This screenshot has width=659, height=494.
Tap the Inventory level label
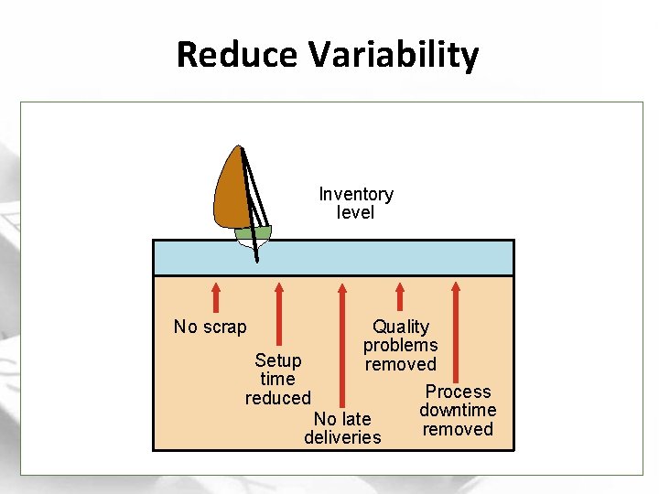pos(356,203)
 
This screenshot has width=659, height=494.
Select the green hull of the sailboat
pos(253,233)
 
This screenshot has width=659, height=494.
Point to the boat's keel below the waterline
pos(254,252)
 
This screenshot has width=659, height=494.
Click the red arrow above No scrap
pos(216,297)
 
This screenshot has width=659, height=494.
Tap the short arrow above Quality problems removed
pos(400,297)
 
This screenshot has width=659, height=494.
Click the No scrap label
pos(210,327)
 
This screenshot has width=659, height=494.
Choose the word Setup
pos(277,360)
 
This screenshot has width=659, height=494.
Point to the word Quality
pos(400,327)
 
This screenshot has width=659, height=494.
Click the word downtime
pos(458,410)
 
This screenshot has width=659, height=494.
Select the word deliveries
pos(342,437)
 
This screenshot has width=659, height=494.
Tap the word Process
pos(458,392)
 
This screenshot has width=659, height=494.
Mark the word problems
pos(400,345)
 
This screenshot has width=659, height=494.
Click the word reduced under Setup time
pos(277,398)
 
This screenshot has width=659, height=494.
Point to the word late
pos(356,419)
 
